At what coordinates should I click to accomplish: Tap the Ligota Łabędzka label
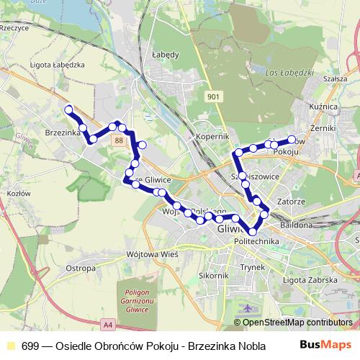[x=58, y=64]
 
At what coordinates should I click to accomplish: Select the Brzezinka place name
[x=60, y=132]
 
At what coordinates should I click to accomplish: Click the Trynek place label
[x=253, y=267]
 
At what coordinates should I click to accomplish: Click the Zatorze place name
[x=286, y=202]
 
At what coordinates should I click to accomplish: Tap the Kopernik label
[x=211, y=135]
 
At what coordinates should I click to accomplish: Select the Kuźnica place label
[x=323, y=106]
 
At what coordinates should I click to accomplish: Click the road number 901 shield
[x=213, y=96]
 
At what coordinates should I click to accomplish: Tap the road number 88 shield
[x=119, y=141]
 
